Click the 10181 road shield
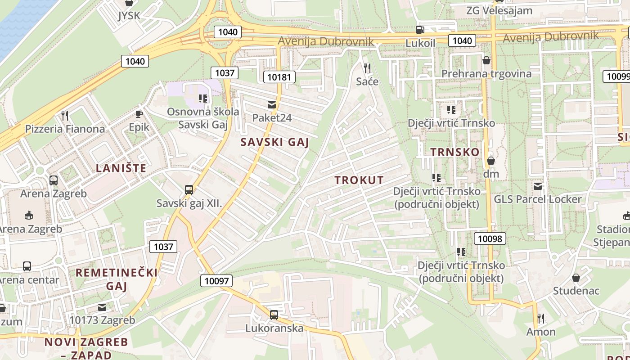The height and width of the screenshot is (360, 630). click(x=279, y=77)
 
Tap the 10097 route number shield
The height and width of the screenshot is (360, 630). click(x=216, y=281)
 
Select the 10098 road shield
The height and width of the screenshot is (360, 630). click(x=490, y=238)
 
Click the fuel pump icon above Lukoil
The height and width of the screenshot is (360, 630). click(x=420, y=30)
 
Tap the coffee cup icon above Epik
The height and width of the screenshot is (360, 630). click(x=139, y=114)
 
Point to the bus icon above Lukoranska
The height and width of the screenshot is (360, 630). click(x=274, y=315)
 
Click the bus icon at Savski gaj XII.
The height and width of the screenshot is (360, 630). click(x=189, y=190)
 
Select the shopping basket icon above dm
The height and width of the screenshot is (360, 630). click(x=491, y=161)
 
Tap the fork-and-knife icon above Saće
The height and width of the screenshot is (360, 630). click(x=367, y=68)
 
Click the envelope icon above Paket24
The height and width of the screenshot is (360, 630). click(x=272, y=105)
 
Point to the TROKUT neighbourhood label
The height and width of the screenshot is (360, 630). click(x=359, y=180)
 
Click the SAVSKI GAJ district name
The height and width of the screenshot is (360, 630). click(x=274, y=142)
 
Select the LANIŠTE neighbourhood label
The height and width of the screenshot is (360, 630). click(x=121, y=168)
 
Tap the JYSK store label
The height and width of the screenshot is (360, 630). click(x=129, y=16)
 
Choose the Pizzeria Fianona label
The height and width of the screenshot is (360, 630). click(x=65, y=129)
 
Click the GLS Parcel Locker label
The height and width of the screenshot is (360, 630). click(x=538, y=199)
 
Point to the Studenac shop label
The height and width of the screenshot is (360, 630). click(x=576, y=291)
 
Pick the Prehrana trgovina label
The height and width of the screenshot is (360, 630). click(x=486, y=74)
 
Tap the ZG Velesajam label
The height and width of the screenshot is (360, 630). click(x=499, y=10)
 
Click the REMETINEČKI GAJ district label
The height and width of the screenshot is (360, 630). click(x=117, y=279)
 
